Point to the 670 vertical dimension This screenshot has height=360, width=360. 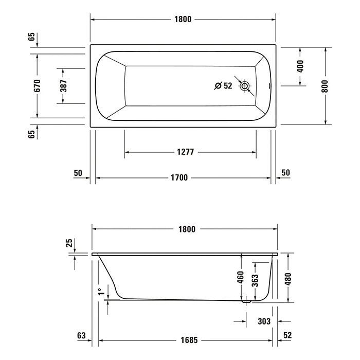click(x=37, y=85)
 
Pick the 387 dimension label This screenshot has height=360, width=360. click(x=63, y=85)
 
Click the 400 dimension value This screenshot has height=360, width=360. click(x=300, y=66)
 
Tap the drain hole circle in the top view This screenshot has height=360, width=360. click(x=245, y=86)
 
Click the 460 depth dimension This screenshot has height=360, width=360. click(x=240, y=278)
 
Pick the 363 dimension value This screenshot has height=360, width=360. click(x=256, y=281)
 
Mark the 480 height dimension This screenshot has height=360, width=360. click(x=289, y=278)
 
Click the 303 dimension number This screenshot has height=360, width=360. click(x=264, y=321)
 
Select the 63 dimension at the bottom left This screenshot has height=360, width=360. click(x=81, y=336)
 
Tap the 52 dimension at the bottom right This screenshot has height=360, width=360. click(x=287, y=336)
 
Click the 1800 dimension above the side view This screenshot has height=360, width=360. click(x=186, y=229)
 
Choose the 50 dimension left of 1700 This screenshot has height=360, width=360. click(x=78, y=173)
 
